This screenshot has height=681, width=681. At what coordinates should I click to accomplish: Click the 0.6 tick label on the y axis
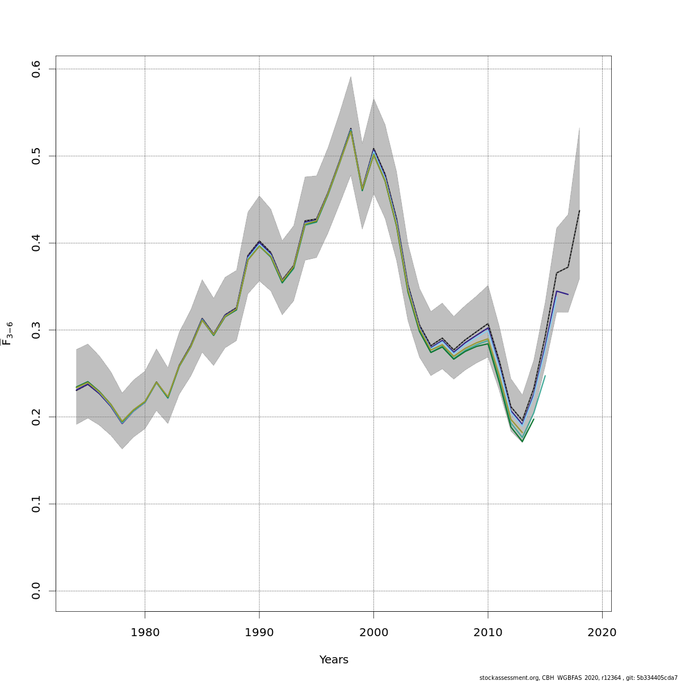36,69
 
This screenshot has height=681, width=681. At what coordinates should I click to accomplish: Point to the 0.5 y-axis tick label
36,156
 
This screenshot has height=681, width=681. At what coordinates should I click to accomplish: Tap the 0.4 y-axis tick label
36,243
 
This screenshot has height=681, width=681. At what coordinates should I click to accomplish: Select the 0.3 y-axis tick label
36,330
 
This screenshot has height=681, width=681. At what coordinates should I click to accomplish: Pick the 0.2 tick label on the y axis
36,417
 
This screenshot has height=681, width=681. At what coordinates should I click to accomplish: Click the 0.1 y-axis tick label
36,504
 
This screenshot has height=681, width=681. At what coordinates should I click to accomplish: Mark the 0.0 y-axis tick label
36,591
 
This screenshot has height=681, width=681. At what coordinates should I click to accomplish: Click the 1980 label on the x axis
145,633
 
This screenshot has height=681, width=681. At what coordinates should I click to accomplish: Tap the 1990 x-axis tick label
259,633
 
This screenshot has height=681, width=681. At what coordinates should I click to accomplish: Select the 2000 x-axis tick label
373,633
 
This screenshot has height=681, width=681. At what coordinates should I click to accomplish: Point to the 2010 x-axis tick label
488,633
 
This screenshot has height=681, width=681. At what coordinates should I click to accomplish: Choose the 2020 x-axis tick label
602,633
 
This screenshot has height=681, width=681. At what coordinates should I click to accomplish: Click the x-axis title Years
334,660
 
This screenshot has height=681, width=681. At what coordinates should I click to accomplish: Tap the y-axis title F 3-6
7,334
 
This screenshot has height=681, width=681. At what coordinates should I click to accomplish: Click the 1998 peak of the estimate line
351,129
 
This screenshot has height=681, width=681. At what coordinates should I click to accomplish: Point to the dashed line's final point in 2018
579,211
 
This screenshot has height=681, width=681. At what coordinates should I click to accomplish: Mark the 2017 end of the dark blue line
568,295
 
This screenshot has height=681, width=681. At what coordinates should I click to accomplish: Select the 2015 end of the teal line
545,376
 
